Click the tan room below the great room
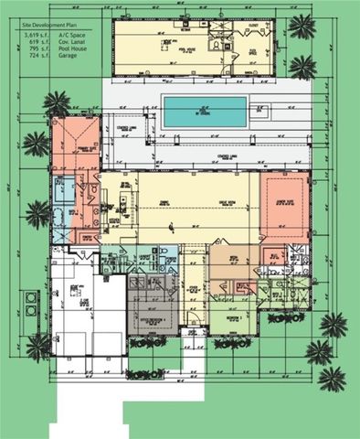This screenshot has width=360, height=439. click(232, 264)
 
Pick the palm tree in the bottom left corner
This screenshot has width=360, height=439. click(39, 345)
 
